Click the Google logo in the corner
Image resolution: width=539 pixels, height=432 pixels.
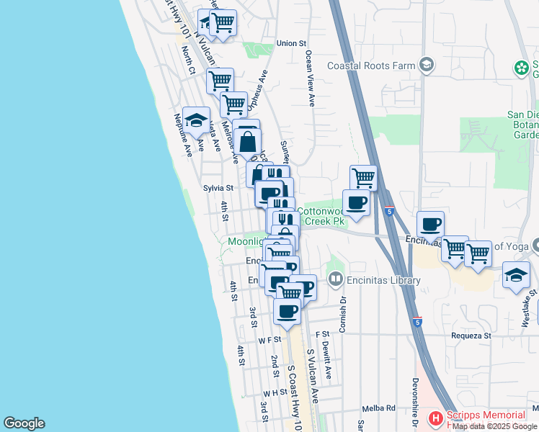[24, 423]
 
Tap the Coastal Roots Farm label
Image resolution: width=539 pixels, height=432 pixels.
[371, 66]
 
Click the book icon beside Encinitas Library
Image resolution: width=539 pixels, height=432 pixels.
[335, 279]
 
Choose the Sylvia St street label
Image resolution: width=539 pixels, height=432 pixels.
[218, 187]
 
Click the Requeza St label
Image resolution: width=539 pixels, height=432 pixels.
[471, 335]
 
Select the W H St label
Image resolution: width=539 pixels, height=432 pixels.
[275, 393]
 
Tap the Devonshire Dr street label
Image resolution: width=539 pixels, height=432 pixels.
[416, 403]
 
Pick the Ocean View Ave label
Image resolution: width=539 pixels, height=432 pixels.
[310, 79]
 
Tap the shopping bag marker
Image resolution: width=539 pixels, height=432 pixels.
[247, 143]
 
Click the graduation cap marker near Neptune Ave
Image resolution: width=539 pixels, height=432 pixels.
[196, 120]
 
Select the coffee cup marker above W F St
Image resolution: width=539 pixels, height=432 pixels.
[287, 311]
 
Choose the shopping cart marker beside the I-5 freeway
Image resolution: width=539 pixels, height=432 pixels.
[364, 177]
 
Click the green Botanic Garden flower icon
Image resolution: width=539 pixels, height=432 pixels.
[520, 68]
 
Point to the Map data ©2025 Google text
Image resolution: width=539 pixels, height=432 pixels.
[495, 426]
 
